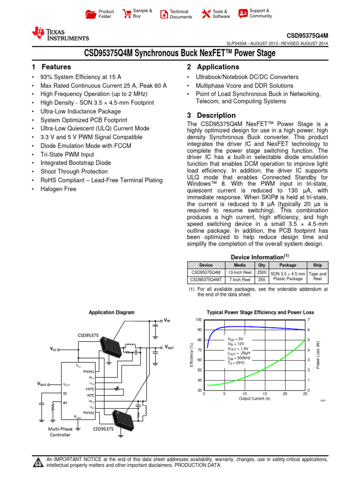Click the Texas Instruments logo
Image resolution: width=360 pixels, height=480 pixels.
pyautogui.click(x=60, y=34)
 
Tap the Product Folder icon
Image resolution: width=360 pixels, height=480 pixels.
pyautogui.click(x=90, y=14)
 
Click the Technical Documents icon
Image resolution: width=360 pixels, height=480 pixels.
pyautogui.click(x=163, y=14)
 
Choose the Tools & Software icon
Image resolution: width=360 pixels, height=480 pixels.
pyautogui.click(x=205, y=14)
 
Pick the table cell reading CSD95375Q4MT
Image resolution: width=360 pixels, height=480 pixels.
pyautogui.click(x=206, y=280)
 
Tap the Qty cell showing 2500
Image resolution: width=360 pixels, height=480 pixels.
pyautogui.click(x=262, y=272)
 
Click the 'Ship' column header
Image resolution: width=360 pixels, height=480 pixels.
pyautogui.click(x=317, y=265)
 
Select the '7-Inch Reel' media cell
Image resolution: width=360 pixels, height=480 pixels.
pyautogui.click(x=240, y=280)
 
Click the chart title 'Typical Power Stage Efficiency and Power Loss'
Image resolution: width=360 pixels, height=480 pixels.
pyautogui.click(x=260, y=312)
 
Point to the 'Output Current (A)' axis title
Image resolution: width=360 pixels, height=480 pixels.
pyautogui.click(x=255, y=399)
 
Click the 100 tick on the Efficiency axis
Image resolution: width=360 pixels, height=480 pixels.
pyautogui.click(x=199, y=320)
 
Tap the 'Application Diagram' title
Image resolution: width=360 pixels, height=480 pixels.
pyautogui.click(x=112, y=312)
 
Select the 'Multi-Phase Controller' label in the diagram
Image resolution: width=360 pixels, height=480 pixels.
pyautogui.click(x=60, y=432)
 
